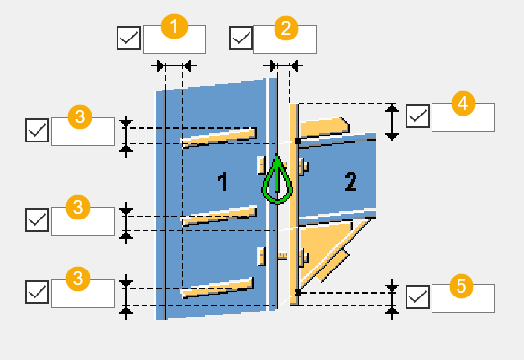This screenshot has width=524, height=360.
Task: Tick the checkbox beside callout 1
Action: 129,39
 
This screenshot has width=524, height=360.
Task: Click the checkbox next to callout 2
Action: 241,39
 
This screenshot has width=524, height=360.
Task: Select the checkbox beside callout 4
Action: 418,116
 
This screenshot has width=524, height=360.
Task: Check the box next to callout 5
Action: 418,296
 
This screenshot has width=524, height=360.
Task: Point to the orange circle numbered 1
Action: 174,26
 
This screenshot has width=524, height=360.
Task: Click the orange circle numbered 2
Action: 286,28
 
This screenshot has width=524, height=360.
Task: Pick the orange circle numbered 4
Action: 463,104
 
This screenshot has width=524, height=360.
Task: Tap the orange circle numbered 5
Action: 461,286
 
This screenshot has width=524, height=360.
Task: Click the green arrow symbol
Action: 277,179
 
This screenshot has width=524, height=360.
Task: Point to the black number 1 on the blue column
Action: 223,182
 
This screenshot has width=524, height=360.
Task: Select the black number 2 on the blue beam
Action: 351,182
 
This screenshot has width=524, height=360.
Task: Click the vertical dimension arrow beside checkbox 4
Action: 392,122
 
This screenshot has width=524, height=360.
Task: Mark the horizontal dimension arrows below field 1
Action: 173,66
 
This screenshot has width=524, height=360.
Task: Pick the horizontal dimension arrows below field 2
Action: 283,66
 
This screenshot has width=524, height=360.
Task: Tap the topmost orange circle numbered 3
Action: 80,116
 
